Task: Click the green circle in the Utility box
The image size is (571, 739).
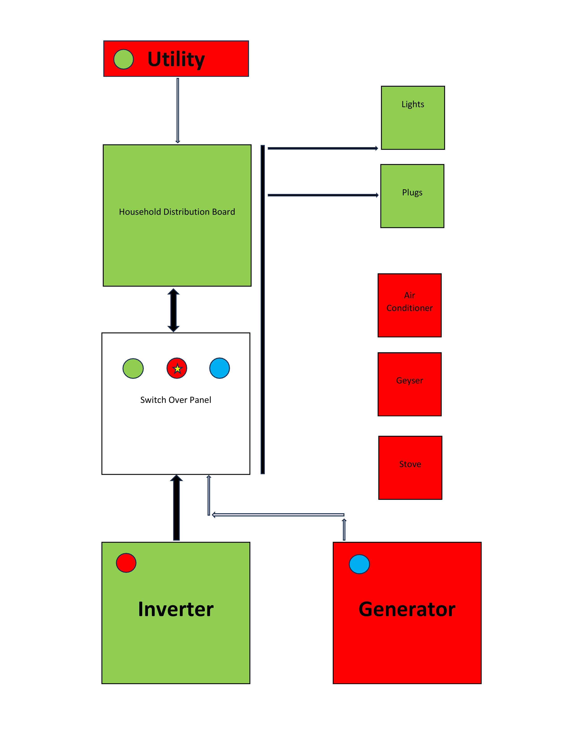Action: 123,59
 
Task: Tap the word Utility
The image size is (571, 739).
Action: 176,59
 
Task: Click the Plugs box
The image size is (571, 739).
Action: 412,196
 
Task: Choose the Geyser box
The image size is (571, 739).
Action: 409,384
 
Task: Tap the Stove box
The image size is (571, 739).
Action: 410,467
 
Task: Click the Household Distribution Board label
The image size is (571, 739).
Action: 177,212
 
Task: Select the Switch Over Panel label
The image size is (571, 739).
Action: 176,400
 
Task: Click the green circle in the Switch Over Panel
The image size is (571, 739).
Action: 133,368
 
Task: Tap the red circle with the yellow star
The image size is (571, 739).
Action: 177,368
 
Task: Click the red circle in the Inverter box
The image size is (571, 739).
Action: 126,563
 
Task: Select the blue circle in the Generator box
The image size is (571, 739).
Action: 359,564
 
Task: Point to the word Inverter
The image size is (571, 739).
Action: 176,609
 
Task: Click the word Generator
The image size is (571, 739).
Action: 407,609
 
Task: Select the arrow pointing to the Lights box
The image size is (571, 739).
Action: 322,148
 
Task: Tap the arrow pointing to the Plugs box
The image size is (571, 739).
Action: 323,195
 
